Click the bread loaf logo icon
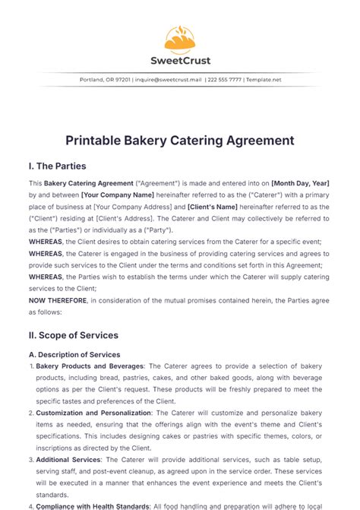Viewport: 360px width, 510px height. pyautogui.click(x=179, y=39)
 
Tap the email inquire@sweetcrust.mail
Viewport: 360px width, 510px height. pyautogui.click(x=166, y=80)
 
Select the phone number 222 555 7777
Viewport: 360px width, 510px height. pyautogui.click(x=225, y=80)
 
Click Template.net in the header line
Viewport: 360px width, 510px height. pyautogui.click(x=267, y=80)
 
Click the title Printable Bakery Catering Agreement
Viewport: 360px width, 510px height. pyautogui.click(x=179, y=141)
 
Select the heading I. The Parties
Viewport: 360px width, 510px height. pyautogui.click(x=57, y=166)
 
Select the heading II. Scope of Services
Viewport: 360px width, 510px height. pyautogui.click(x=73, y=334)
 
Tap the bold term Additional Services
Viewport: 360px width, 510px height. pyautogui.click(x=71, y=460)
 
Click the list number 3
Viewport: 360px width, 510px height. pyautogui.click(x=31, y=460)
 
